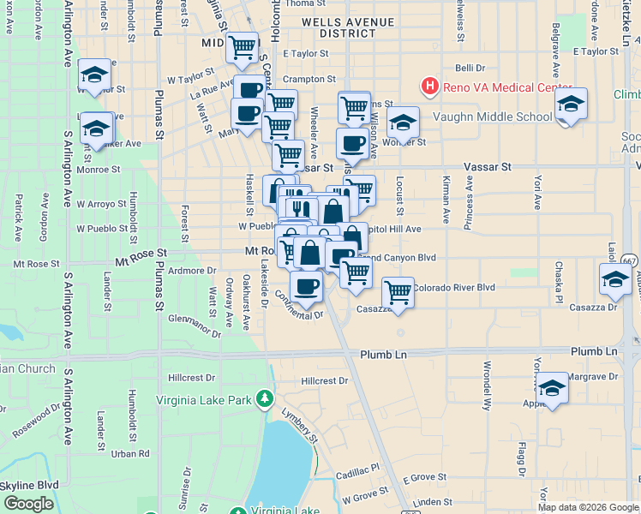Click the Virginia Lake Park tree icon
(266, 399)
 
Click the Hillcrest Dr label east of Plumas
(326, 380)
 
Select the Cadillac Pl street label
(356, 469)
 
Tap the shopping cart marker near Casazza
(398, 293)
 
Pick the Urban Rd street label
(130, 453)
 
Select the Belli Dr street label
(470, 68)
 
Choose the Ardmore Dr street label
(192, 271)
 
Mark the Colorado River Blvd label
(454, 288)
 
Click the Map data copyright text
(588, 507)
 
